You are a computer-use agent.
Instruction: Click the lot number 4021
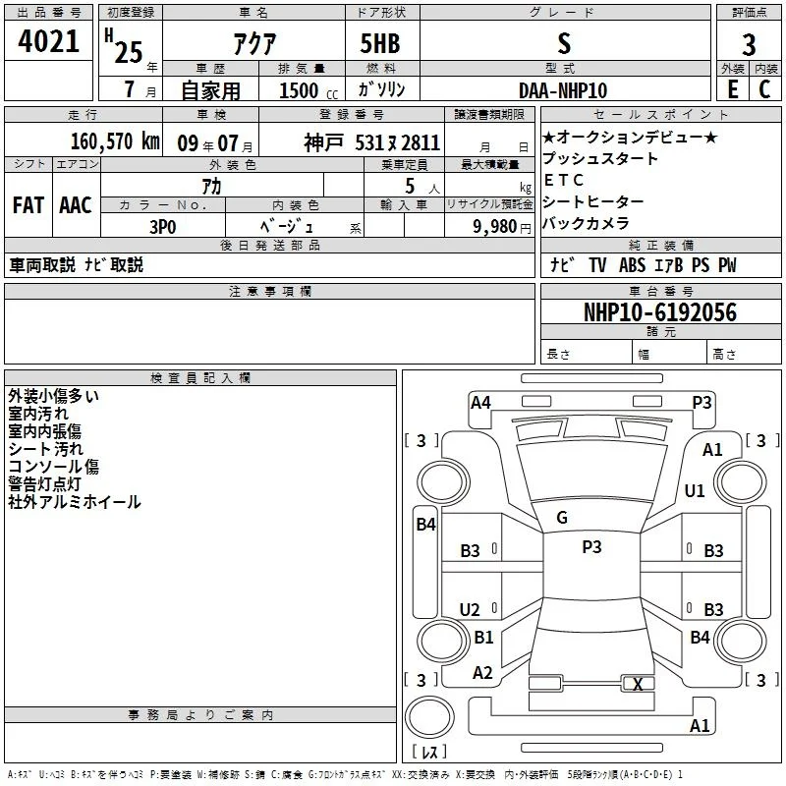click(48, 41)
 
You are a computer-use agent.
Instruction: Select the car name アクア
click(254, 43)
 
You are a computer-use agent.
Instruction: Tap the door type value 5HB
click(380, 43)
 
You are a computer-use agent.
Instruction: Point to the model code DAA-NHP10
click(563, 90)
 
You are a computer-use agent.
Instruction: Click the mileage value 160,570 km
click(115, 141)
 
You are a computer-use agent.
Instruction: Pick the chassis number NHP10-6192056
click(660, 312)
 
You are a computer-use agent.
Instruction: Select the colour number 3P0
click(163, 227)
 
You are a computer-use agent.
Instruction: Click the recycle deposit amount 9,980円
click(502, 227)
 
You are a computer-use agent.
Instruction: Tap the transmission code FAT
click(28, 205)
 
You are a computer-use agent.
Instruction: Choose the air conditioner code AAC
click(76, 205)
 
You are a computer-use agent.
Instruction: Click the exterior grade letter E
click(733, 89)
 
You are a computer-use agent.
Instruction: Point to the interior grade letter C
click(764, 89)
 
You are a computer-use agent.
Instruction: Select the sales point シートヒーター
click(593, 201)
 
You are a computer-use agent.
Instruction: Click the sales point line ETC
click(563, 180)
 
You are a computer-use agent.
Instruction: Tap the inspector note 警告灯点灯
click(44, 483)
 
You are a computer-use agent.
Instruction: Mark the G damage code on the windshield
click(562, 518)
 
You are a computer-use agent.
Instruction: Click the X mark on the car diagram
click(638, 684)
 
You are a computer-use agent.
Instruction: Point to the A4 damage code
click(480, 403)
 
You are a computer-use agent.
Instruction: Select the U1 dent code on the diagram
click(695, 490)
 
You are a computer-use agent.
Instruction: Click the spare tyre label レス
click(429, 751)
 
